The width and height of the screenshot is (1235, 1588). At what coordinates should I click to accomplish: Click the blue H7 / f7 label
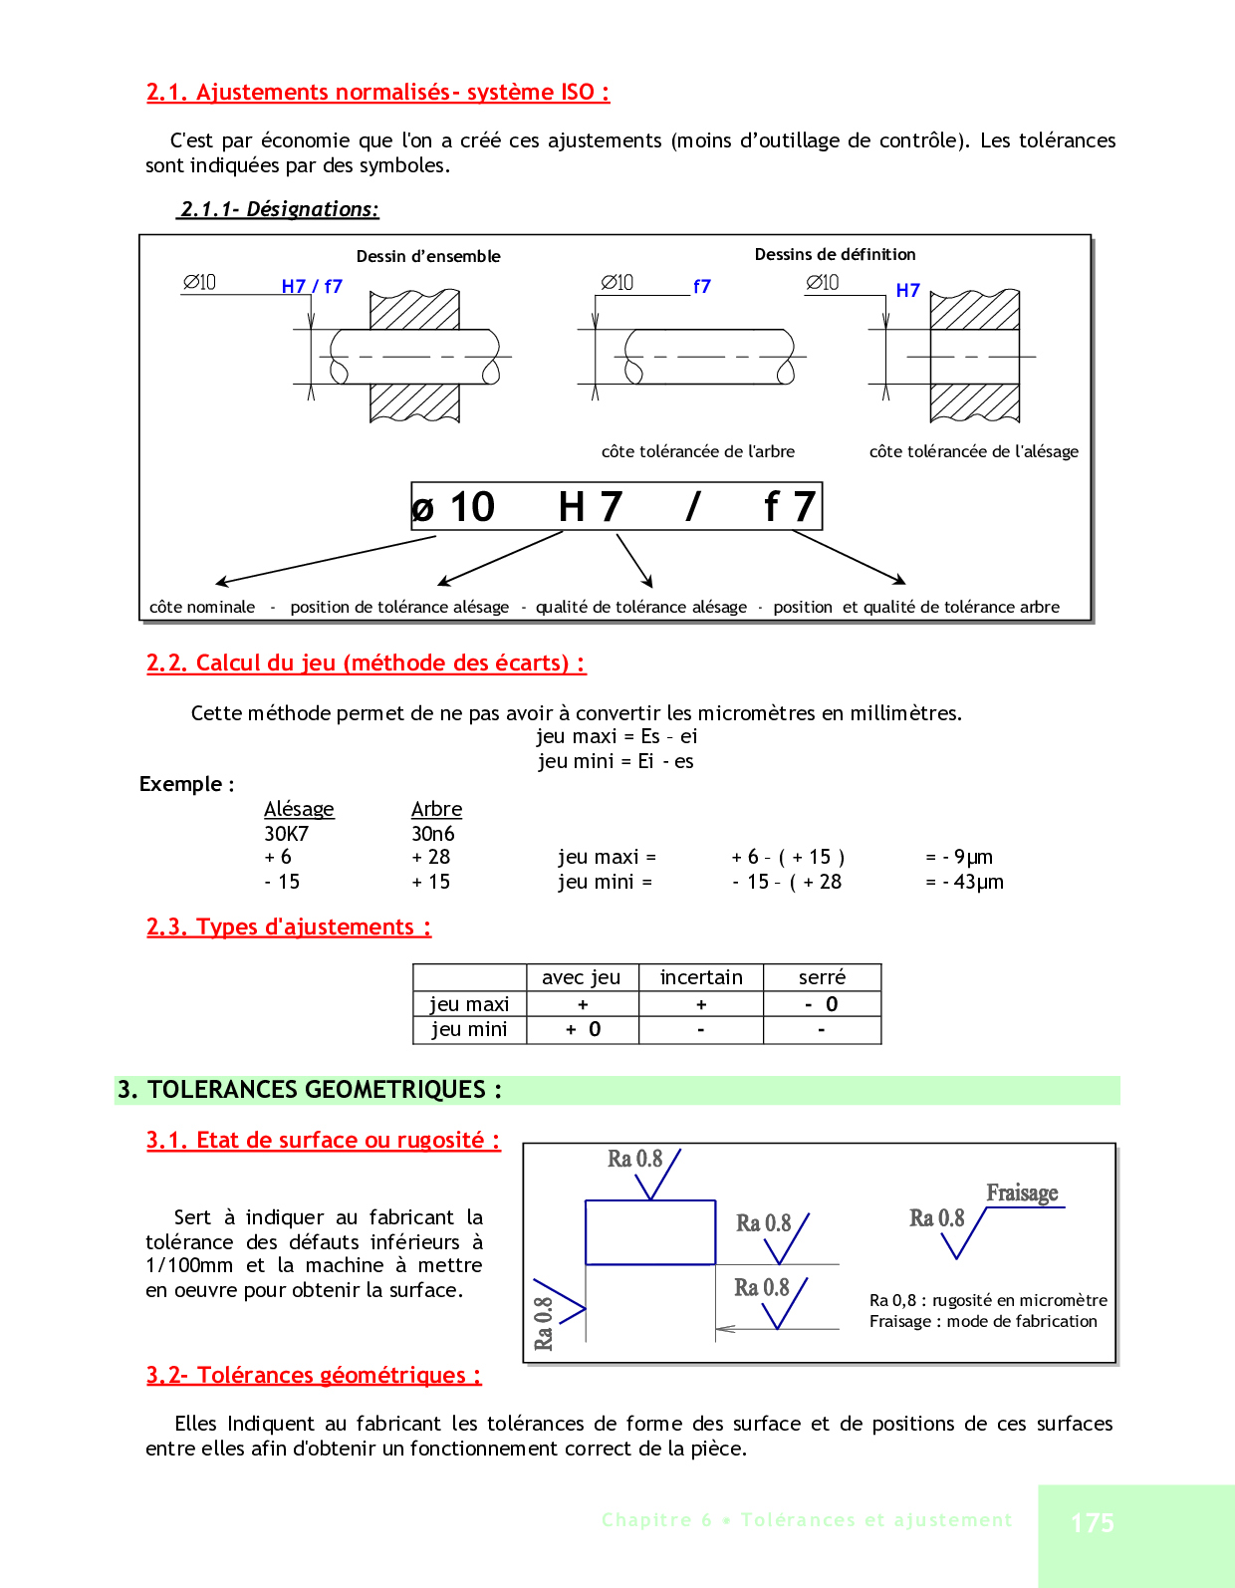[312, 286]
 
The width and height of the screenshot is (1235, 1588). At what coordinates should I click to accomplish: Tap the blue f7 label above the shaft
[702, 286]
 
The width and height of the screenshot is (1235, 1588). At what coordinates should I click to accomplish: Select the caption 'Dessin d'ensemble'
[428, 256]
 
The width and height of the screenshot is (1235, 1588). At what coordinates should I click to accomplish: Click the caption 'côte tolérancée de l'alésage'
[973, 451]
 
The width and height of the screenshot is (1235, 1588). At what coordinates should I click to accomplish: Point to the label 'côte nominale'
[202, 607]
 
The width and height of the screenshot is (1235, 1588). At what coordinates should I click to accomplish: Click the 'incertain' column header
[701, 977]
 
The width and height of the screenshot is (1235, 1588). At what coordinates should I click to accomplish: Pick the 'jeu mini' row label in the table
[469, 1029]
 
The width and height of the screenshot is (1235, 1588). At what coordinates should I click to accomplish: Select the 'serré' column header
[822, 977]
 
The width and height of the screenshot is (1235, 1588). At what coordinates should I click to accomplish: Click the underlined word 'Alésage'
[299, 809]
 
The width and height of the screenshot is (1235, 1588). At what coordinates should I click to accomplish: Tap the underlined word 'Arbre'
[436, 809]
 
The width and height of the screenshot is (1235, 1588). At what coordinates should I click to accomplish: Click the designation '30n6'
[432, 833]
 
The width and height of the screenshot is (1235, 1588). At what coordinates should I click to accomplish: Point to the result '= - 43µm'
[964, 882]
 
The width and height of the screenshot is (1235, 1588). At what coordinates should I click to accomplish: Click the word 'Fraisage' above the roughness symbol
[1022, 1192]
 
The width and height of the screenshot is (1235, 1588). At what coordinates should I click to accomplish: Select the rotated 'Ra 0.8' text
[543, 1323]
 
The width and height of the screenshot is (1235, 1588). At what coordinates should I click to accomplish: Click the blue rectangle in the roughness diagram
[650, 1232]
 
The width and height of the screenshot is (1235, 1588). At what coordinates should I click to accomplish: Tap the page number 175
[1092, 1522]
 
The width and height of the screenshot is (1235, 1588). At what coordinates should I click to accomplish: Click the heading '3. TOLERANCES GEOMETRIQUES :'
[309, 1089]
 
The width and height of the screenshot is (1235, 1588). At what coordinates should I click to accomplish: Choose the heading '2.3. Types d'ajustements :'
[289, 926]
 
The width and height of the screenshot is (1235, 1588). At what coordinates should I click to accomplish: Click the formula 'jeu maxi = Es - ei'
[617, 736]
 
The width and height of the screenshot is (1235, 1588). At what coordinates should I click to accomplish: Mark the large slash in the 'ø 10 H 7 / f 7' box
[693, 506]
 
